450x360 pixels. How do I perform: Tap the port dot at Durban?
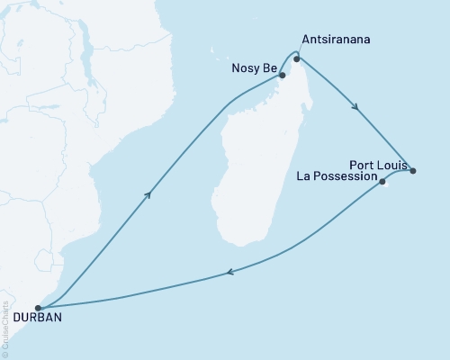click(38, 308)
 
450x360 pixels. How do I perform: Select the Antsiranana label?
click(335, 40)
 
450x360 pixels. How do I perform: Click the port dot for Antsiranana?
click(296, 59)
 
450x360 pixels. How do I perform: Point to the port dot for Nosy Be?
click(283, 76)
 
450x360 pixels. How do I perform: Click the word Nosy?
click(245, 66)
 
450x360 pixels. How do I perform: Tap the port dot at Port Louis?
click(412, 170)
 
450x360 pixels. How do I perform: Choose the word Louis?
click(392, 165)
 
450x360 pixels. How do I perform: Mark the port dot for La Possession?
click(382, 182)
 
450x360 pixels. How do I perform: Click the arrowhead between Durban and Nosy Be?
click(146, 193)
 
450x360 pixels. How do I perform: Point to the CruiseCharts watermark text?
click(5, 325)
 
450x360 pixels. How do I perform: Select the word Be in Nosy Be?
click(268, 66)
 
